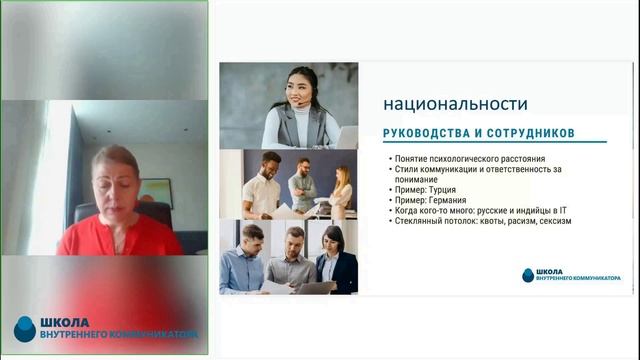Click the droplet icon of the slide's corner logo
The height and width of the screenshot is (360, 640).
tap(527, 275)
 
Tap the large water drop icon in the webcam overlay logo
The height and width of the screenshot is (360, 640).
tap(24, 328)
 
